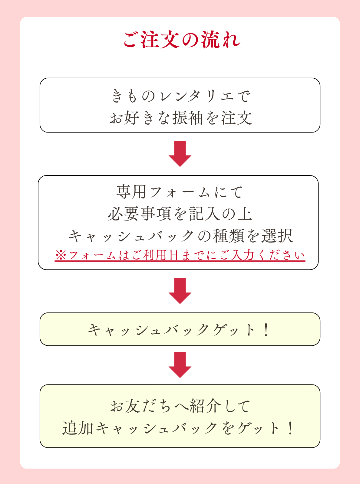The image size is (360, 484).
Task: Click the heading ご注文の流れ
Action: tap(182, 40)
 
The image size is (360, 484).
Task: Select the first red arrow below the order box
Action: tap(180, 153)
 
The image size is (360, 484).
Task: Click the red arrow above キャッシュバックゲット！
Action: tap(180, 290)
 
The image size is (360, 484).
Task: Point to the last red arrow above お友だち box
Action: tap(180, 364)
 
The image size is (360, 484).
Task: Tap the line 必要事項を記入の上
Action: tap(180, 214)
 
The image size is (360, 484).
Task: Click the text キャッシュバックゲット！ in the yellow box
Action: tap(179, 330)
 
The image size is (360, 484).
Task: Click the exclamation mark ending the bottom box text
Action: tap(290, 428)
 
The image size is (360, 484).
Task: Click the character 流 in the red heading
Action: tap(210, 40)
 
